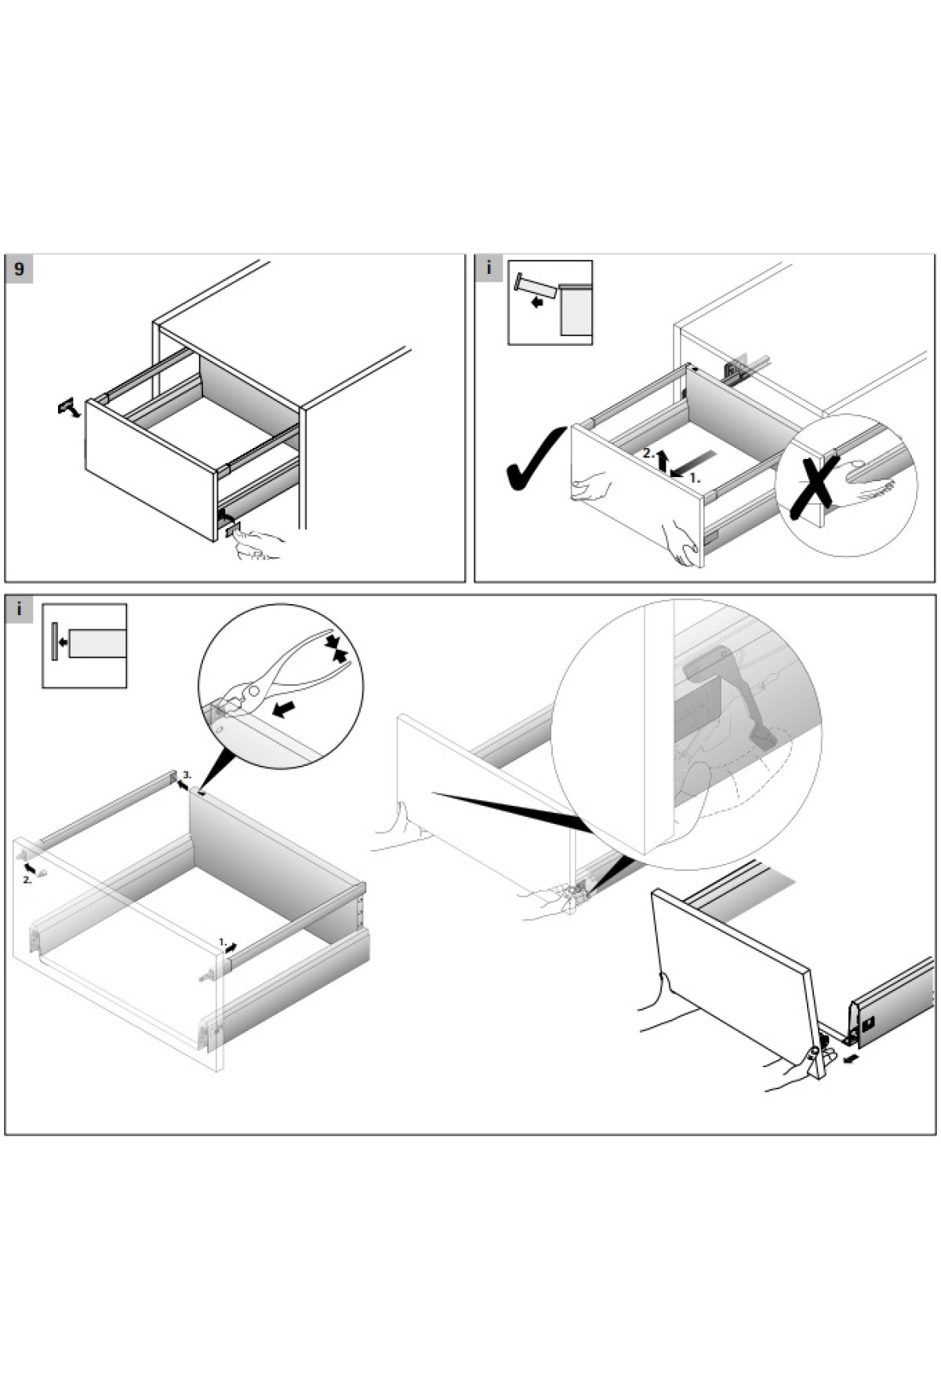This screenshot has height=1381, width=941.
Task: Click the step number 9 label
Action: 19,270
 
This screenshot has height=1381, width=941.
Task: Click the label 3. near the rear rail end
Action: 187,775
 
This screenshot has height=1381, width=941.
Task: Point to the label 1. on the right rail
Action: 222,941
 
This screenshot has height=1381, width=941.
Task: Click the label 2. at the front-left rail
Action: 27,880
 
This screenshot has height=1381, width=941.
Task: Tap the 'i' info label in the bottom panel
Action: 19,609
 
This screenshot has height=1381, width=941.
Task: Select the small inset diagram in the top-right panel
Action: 550,303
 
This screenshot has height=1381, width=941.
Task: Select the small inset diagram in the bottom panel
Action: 85,646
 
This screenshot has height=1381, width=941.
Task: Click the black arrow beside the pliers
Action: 283,709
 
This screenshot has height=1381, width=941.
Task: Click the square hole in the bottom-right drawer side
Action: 869,1024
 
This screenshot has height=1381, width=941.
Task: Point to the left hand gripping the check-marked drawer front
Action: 589,488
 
